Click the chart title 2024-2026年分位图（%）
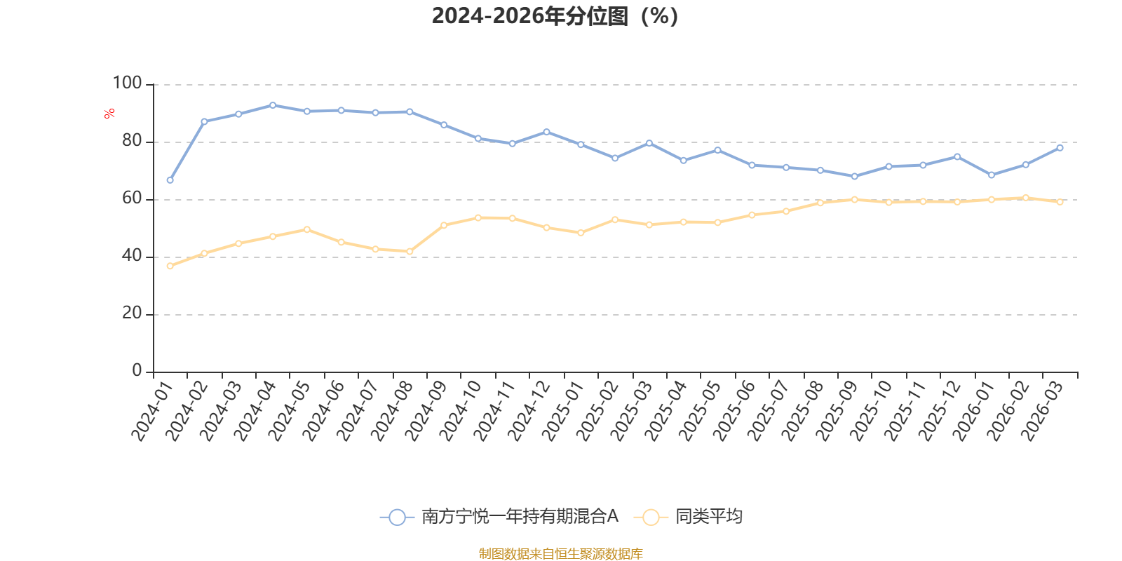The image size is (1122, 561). pyautogui.click(x=555, y=16)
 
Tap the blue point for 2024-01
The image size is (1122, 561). pyautogui.click(x=170, y=180)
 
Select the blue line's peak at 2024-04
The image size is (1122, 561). pyautogui.click(x=273, y=105)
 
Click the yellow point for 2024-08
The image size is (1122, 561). pyautogui.click(x=410, y=252)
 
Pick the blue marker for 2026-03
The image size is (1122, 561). pyautogui.click(x=1060, y=148)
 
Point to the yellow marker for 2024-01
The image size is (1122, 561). pyautogui.click(x=170, y=266)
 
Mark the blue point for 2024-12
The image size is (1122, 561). pyautogui.click(x=546, y=132)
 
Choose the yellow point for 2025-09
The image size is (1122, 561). pyautogui.click(x=855, y=199)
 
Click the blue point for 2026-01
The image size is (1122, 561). pyautogui.click(x=992, y=175)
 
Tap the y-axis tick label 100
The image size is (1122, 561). pyautogui.click(x=127, y=83)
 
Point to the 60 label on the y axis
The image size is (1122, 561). pyautogui.click(x=133, y=198)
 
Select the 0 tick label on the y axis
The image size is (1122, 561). pyautogui.click(x=137, y=371)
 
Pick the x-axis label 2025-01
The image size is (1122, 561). pyautogui.click(x=563, y=411)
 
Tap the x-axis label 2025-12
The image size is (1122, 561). pyautogui.click(x=940, y=411)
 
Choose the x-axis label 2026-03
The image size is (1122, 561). pyautogui.click(x=1042, y=411)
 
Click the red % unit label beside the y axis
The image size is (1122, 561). pyautogui.click(x=109, y=114)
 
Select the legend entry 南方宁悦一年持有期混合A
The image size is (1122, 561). pyautogui.click(x=499, y=516)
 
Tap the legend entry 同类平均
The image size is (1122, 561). pyautogui.click(x=688, y=516)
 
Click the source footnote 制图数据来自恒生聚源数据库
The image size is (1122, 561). pyautogui.click(x=560, y=553)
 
